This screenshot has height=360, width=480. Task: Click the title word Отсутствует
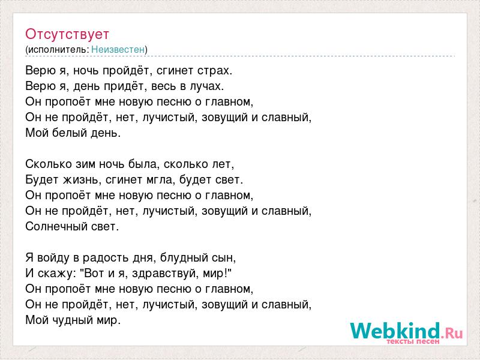(x=67, y=34)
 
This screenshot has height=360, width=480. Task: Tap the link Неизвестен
(x=118, y=49)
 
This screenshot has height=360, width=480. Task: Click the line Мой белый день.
(x=73, y=133)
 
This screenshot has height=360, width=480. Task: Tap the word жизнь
(x=82, y=179)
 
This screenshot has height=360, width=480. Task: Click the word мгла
(x=155, y=180)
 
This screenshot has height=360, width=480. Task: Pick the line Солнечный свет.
(x=72, y=227)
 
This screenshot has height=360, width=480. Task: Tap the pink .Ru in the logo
(x=452, y=332)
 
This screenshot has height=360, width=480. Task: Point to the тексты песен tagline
(x=413, y=341)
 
